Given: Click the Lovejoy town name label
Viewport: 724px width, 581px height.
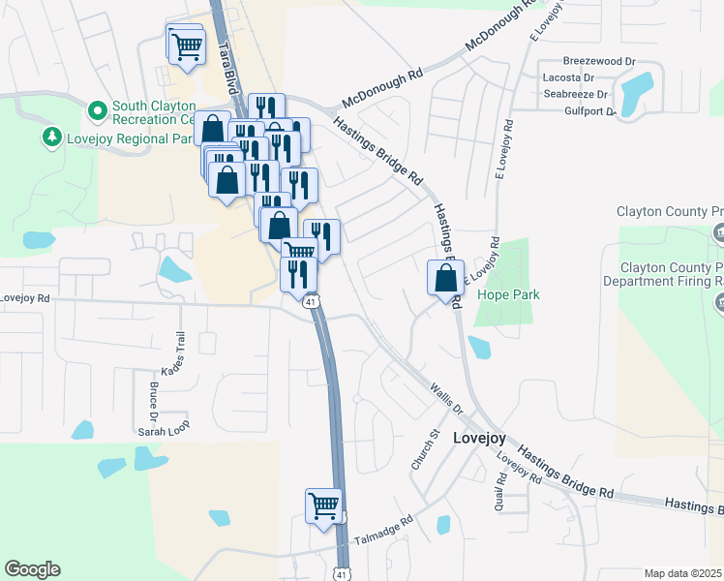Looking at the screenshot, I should [x=479, y=438].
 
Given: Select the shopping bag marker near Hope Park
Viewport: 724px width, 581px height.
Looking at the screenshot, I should [x=444, y=279].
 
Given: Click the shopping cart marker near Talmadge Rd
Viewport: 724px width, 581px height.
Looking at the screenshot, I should [x=323, y=505].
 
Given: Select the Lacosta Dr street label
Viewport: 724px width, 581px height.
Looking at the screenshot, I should [x=568, y=76].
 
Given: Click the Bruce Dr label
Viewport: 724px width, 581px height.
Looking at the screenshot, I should [x=154, y=399].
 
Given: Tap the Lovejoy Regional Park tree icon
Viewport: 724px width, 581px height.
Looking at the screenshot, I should [x=51, y=138].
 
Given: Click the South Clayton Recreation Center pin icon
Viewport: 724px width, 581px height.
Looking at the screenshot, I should [x=97, y=112].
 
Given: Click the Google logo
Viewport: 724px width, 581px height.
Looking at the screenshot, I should [x=32, y=569].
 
